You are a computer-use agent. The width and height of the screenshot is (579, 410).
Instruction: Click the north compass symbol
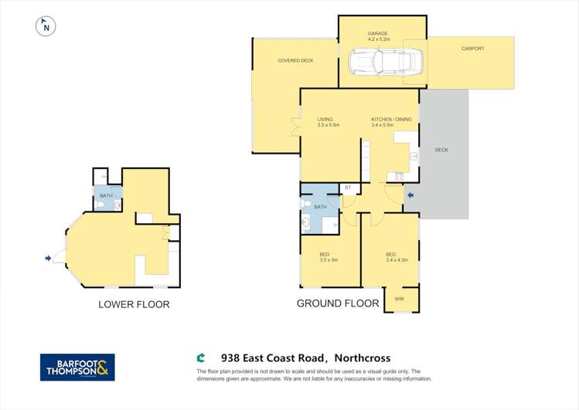(x=46, y=27)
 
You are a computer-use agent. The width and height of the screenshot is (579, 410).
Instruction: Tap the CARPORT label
(x=472, y=49)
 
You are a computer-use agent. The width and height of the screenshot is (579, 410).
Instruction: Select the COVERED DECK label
(x=295, y=60)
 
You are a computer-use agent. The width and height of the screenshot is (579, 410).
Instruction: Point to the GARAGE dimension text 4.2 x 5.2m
(x=377, y=40)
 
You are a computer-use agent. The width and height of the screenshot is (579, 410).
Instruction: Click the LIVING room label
(x=325, y=119)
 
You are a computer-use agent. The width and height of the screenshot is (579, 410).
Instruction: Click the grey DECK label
(x=441, y=150)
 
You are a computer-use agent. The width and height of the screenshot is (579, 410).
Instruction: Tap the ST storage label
(x=348, y=187)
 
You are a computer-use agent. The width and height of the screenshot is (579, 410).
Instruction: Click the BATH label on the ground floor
(x=320, y=206)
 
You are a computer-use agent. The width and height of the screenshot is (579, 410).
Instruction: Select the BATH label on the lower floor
(x=106, y=196)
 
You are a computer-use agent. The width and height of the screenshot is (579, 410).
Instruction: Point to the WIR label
(x=399, y=299)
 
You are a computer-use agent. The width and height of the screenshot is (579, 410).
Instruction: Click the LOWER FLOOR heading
(x=134, y=304)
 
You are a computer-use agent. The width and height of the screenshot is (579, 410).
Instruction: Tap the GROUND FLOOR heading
(x=338, y=303)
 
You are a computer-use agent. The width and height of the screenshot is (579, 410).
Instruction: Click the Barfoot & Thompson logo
(x=77, y=367)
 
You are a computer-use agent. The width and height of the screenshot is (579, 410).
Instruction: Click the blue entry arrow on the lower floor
(x=49, y=258)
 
